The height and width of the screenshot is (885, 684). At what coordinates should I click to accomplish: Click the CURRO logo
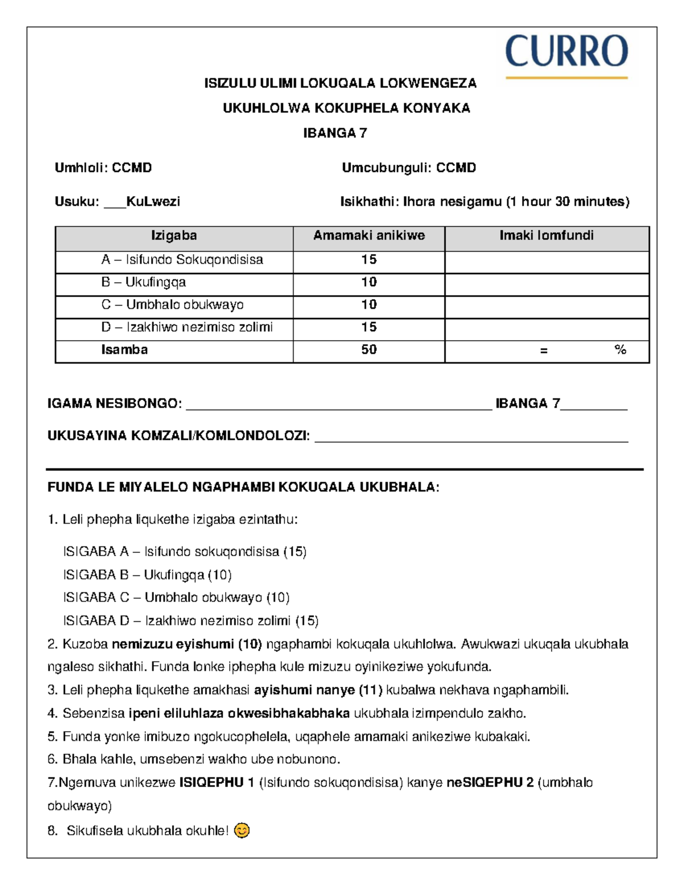566,55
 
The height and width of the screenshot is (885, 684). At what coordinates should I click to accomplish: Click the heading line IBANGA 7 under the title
335,133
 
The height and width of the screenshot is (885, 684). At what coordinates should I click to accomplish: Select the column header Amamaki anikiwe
369,236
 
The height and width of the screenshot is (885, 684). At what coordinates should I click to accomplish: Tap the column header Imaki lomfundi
546,236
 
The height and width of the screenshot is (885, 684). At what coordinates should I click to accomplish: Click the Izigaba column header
174,236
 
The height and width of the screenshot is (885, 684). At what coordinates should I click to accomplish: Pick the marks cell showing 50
369,350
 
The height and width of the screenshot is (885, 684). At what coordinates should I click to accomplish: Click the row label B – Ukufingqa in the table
143,283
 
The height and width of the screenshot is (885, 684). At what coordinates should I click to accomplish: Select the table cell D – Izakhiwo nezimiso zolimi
186,328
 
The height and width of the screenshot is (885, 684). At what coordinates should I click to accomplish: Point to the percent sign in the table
620,350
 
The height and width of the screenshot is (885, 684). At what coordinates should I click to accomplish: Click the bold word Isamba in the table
124,350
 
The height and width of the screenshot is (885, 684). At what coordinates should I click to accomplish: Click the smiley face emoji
242,831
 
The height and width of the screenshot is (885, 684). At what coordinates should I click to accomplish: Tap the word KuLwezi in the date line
153,202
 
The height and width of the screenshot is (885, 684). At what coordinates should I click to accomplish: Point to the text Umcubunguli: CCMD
409,168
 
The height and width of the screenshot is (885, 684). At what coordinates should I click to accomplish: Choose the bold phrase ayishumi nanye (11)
318,691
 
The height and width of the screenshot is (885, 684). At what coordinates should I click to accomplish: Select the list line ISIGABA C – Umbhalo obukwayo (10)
176,598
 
